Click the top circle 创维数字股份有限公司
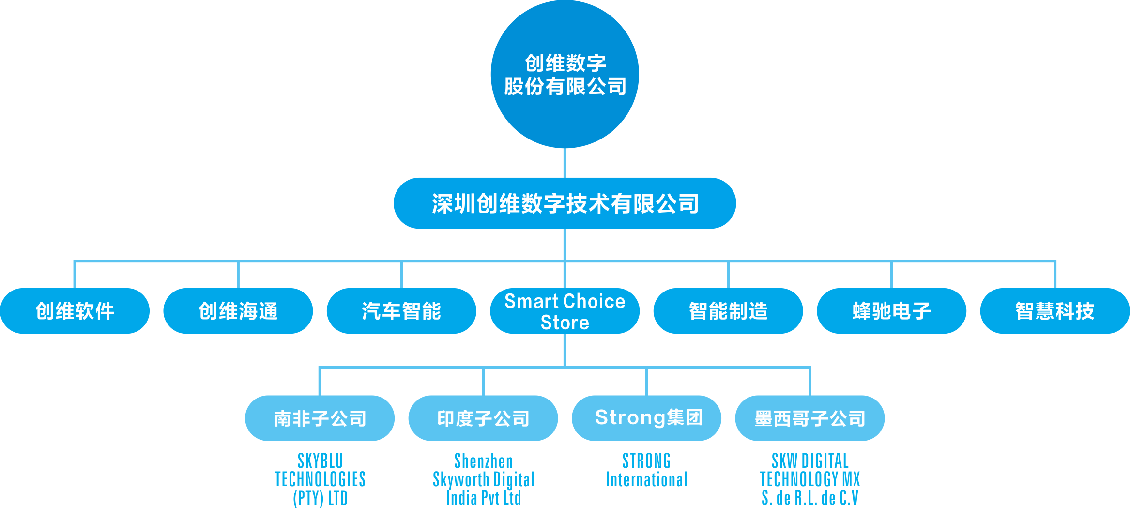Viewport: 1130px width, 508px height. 565,74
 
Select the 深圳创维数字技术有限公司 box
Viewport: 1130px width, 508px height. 565,203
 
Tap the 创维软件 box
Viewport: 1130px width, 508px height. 75,311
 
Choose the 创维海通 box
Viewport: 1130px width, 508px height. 238,311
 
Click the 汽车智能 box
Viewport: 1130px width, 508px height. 401,311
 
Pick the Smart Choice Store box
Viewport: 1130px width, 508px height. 565,311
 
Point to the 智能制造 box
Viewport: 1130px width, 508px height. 728,311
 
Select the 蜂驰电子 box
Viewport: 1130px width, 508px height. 891,311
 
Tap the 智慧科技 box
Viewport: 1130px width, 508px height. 1054,311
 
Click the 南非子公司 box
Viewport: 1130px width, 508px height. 320,418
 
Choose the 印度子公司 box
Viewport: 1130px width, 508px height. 483,418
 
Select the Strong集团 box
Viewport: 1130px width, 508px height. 646,418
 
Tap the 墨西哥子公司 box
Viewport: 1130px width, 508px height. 810,418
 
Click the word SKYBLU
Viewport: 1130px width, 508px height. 320,461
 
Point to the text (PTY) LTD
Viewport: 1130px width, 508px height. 320,498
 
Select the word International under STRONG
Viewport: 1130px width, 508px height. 646,479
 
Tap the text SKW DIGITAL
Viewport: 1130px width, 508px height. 810,461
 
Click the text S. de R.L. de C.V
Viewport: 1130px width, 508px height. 810,498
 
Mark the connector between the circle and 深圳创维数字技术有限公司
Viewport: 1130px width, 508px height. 565,163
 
